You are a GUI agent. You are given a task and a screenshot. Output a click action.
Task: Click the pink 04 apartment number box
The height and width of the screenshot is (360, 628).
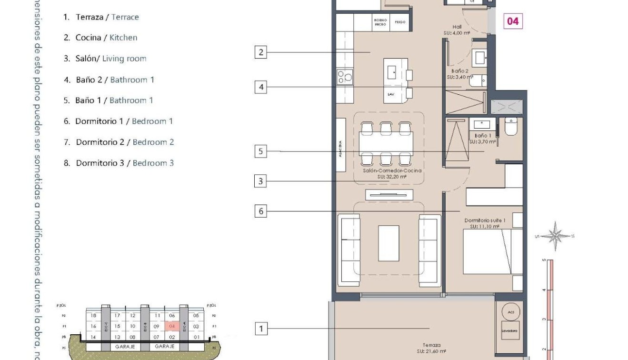(x=512, y=21)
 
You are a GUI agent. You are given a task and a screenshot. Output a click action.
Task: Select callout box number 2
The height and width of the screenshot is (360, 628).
(x=260, y=52)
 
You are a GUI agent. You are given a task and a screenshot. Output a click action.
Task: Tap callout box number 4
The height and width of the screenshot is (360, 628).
(x=260, y=88)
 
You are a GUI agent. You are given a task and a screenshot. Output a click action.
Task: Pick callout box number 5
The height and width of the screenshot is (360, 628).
(x=260, y=152)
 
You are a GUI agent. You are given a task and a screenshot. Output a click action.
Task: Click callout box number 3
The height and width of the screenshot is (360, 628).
(x=260, y=181)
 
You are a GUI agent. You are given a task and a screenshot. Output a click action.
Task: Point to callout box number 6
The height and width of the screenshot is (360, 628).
(x=260, y=211)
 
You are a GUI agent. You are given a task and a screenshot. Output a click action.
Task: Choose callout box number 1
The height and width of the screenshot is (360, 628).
(x=260, y=329)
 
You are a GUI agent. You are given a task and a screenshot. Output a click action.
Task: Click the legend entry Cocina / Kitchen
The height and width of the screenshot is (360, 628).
(x=100, y=38)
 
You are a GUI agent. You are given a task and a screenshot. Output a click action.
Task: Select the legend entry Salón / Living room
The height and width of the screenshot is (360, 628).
(x=105, y=59)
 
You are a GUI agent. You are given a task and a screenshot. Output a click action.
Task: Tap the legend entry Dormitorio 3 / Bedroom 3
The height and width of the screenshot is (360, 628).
(x=119, y=163)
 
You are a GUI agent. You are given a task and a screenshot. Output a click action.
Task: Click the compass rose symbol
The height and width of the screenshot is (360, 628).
(x=555, y=236)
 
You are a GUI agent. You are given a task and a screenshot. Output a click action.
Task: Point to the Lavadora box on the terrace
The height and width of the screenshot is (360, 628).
(x=509, y=330)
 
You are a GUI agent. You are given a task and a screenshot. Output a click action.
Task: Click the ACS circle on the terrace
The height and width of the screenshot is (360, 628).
(x=510, y=312)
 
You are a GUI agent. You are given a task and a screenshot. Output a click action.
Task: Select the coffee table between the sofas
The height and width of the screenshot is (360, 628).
(x=389, y=243)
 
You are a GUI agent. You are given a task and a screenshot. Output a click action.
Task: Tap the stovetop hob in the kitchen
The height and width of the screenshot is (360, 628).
(x=345, y=77)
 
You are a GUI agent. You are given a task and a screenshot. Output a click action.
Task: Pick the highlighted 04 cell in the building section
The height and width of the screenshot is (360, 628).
(x=172, y=326)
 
